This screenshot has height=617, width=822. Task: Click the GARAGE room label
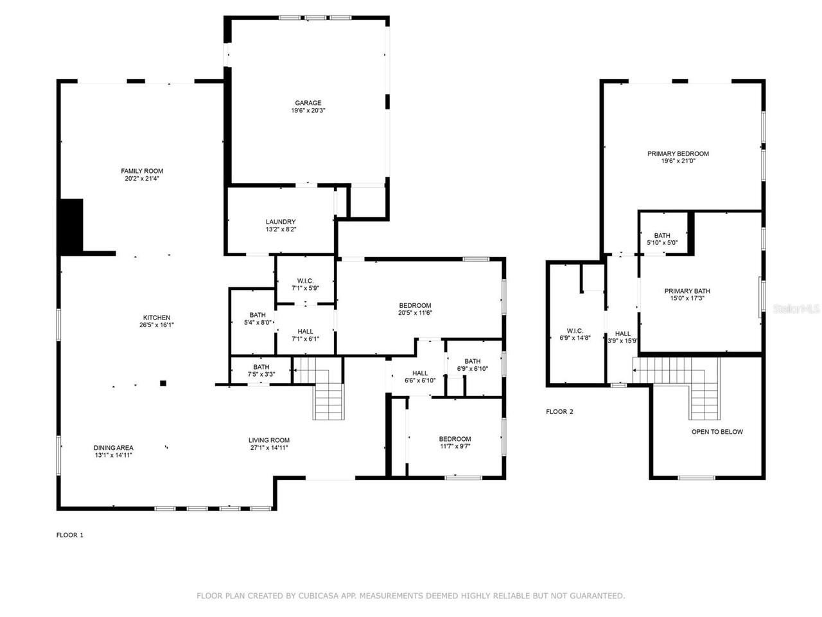click(308, 103)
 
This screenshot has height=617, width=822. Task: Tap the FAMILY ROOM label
click(142, 171)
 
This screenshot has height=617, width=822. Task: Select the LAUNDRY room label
click(281, 222)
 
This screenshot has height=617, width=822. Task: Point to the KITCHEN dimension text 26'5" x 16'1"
click(156, 325)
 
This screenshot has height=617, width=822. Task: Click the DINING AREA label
click(114, 448)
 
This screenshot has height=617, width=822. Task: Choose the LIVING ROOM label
click(269, 440)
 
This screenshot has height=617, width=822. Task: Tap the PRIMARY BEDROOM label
click(678, 154)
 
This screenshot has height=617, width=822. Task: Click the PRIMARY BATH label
click(686, 291)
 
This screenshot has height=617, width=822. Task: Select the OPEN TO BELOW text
click(717, 432)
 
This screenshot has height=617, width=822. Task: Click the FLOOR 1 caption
click(70, 535)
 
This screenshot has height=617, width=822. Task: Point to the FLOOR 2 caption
click(559, 411)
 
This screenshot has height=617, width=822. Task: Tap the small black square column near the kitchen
click(163, 384)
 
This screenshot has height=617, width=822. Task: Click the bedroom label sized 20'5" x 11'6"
click(415, 305)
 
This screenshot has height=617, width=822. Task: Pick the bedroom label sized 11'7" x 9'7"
click(455, 439)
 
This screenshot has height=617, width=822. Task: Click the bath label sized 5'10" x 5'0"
click(662, 236)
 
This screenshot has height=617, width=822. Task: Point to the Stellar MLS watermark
click(796, 309)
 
